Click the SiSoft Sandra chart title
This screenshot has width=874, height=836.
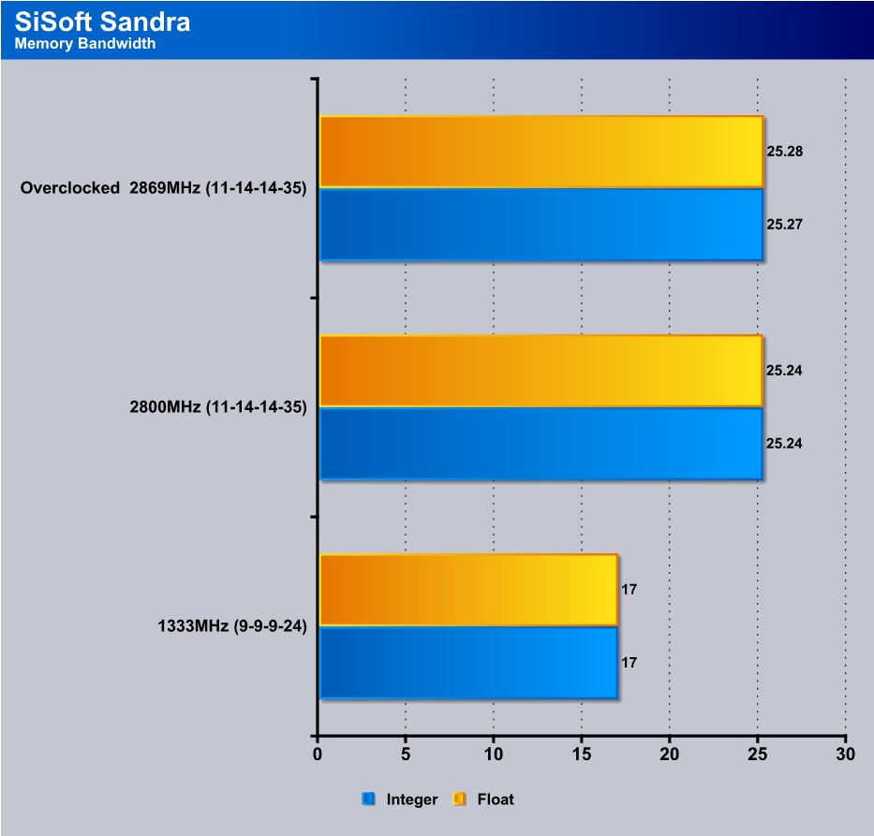pyautogui.click(x=103, y=22)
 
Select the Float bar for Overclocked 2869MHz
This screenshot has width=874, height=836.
pyautogui.click(x=541, y=152)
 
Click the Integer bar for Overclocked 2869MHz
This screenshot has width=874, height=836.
pyautogui.click(x=541, y=225)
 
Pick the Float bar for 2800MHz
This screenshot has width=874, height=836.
pyautogui.click(x=541, y=371)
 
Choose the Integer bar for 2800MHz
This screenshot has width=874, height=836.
pyautogui.click(x=541, y=444)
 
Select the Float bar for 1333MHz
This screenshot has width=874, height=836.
pyautogui.click(x=467, y=590)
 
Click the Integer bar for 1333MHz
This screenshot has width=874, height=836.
pyautogui.click(x=467, y=663)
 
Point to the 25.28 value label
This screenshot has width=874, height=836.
pyautogui.click(x=785, y=151)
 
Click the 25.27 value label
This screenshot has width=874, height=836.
pyautogui.click(x=785, y=225)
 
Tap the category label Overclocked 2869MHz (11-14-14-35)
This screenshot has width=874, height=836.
pyautogui.click(x=164, y=188)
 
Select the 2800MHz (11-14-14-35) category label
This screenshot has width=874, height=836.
pyautogui.click(x=218, y=407)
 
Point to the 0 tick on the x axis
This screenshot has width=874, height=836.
pyautogui.click(x=318, y=755)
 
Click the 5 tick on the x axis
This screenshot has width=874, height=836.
pyautogui.click(x=406, y=755)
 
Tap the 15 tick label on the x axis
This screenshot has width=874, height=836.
pyautogui.click(x=582, y=755)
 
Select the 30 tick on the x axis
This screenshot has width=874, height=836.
pyautogui.click(x=846, y=755)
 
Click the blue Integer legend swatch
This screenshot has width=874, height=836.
pyautogui.click(x=368, y=799)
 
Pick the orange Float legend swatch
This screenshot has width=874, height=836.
pyautogui.click(x=459, y=799)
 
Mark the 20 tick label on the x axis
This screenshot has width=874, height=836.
pyautogui.click(x=670, y=755)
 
